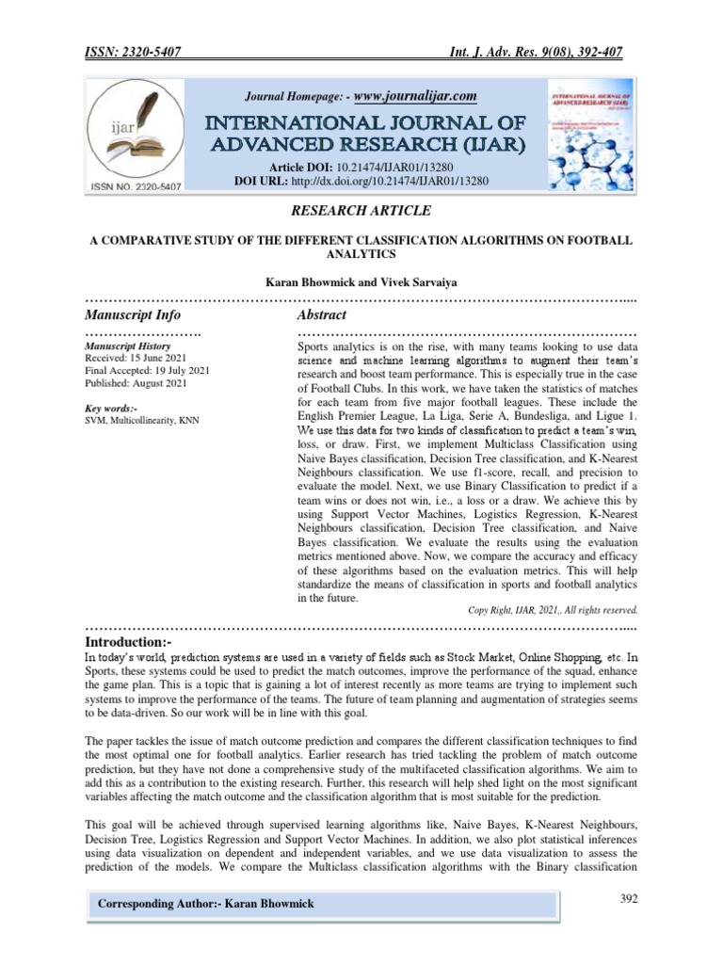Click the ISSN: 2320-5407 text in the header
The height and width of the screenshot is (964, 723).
click(x=133, y=55)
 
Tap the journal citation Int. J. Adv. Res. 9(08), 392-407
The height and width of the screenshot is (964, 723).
click(x=535, y=55)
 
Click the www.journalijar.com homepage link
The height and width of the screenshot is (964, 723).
click(x=408, y=96)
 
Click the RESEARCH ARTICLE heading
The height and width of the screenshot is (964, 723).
click(x=361, y=211)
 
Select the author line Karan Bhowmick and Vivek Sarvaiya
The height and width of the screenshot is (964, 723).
click(x=361, y=281)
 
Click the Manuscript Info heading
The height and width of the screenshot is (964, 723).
click(x=133, y=314)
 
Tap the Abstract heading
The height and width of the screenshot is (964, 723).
click(x=322, y=314)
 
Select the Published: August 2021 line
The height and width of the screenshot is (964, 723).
click(x=136, y=383)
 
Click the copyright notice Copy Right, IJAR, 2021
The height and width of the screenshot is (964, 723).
click(x=553, y=609)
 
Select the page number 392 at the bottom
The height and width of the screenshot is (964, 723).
click(x=628, y=899)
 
